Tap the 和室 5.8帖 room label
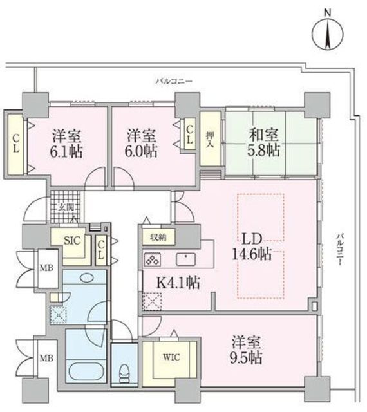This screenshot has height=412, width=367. [x=264, y=143]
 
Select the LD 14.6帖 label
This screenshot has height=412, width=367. [x=252, y=247]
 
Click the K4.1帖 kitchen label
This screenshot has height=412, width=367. [x=178, y=283]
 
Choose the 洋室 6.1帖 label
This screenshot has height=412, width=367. [x=66, y=144]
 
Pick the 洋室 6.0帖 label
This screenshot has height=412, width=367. [x=141, y=143]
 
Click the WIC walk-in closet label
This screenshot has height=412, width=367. [x=171, y=357]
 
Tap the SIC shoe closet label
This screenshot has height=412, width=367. [x=72, y=240]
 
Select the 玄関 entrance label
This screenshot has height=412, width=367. [x=66, y=207]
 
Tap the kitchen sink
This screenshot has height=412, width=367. [x=186, y=259]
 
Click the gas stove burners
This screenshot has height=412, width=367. [x=153, y=259]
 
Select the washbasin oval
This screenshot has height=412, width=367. [x=86, y=277]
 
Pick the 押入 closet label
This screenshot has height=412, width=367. [x=210, y=139]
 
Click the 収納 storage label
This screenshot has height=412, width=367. [x=158, y=238]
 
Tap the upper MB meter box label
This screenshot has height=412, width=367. [x=46, y=268]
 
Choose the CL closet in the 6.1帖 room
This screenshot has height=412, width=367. [x=16, y=143]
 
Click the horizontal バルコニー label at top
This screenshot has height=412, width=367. [x=174, y=81]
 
